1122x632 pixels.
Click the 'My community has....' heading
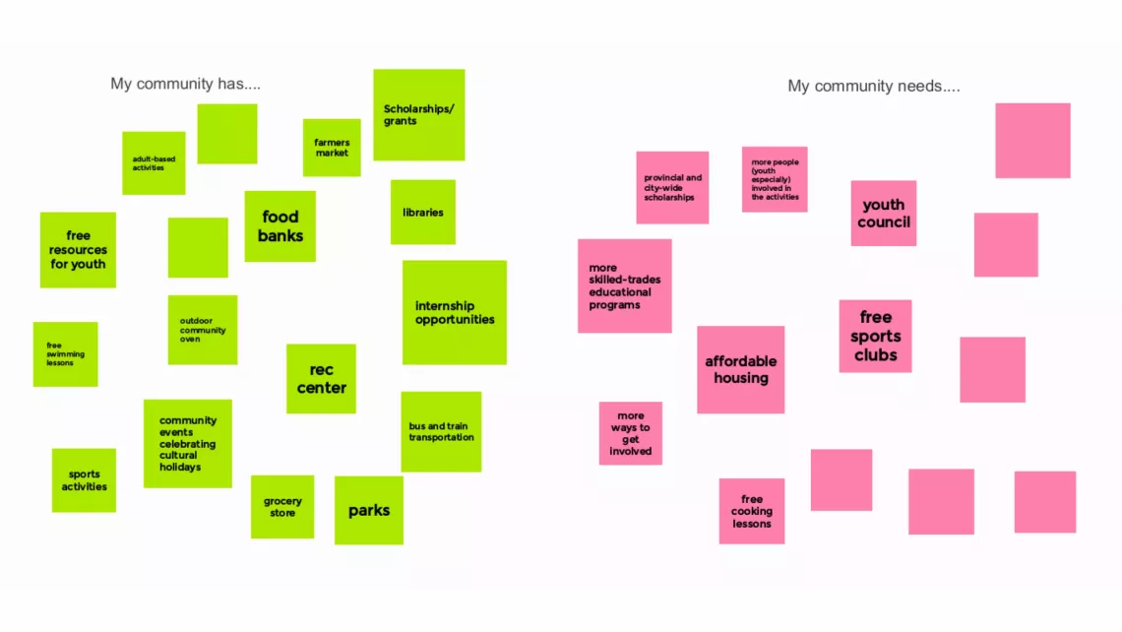185,84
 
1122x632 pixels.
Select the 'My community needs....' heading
874,86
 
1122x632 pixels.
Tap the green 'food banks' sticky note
280,226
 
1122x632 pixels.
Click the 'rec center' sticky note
321,379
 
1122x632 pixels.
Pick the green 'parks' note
368,510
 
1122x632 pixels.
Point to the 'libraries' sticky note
423,212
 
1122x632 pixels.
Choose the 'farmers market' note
332,148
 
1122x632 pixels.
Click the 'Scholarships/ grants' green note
418,115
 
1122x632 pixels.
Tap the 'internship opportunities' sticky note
455,313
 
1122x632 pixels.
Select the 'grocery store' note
281,507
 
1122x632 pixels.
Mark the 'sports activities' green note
84,480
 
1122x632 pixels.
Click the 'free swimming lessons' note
65,354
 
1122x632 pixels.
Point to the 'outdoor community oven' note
203,330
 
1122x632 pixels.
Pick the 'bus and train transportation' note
441,431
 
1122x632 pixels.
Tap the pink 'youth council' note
884,214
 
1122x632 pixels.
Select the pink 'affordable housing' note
740,370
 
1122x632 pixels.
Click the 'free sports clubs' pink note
875,337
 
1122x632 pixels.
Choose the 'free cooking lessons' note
751,511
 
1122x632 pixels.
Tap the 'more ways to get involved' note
631,433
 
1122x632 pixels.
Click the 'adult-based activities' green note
154,163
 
